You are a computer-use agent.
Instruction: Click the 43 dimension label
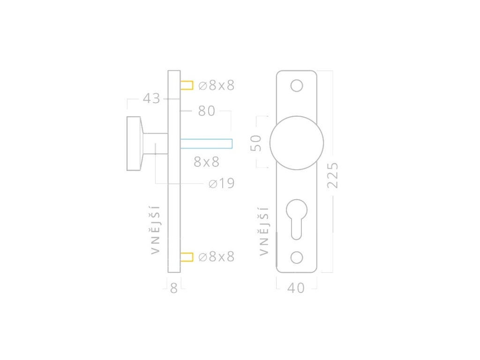click(151, 98)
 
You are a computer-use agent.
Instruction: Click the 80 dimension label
click(207, 111)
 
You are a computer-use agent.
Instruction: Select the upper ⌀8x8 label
click(216, 85)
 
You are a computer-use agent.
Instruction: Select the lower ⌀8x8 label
click(216, 256)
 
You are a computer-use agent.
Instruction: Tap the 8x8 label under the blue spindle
click(207, 162)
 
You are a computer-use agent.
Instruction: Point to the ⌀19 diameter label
click(221, 183)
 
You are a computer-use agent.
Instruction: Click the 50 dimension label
click(256, 143)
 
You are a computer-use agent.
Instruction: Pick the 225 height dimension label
click(332, 175)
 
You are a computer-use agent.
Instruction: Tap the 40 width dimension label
click(296, 288)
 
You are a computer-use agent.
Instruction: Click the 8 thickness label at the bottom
click(174, 288)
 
